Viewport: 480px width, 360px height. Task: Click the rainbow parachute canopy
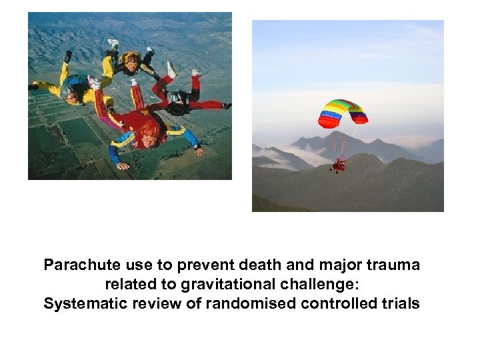coord(343,113)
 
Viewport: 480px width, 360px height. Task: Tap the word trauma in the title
coord(395,265)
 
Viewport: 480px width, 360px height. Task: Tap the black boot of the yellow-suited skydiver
coord(67,57)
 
